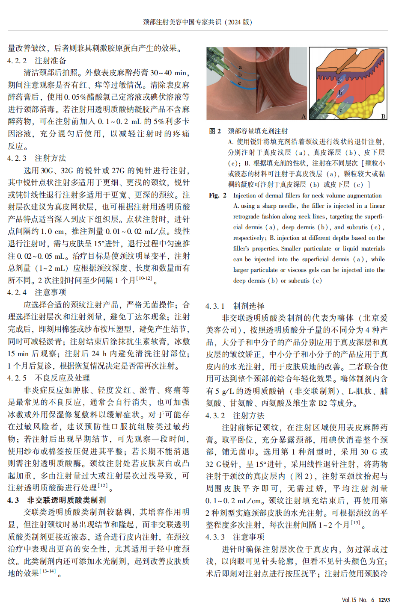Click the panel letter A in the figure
point(304,116)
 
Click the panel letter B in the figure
point(383,116)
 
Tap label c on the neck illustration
point(240,83)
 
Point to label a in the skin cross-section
point(339,81)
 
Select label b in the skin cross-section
point(341,92)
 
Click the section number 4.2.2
point(17,61)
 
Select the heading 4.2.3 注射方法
point(37,158)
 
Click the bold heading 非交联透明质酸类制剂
point(66,500)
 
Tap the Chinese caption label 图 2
point(215,131)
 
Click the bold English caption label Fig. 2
point(217,195)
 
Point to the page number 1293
point(384,600)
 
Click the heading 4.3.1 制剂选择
point(235,306)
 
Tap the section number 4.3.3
point(215,537)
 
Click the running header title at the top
point(197,22)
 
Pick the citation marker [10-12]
point(144,278)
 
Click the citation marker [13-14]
point(48,571)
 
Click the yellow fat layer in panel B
point(368,103)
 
